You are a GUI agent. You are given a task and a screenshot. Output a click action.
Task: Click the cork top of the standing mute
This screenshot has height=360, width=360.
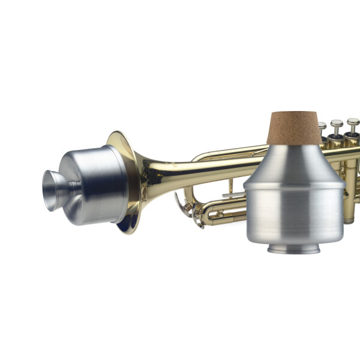click(x=294, y=128)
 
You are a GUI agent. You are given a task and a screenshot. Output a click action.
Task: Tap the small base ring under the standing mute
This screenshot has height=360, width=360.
click(x=293, y=248)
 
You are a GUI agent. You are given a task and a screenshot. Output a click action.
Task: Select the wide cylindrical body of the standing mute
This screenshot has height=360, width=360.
click(x=293, y=216)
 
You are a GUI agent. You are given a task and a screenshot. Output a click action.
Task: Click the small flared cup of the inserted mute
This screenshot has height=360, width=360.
click(x=53, y=190)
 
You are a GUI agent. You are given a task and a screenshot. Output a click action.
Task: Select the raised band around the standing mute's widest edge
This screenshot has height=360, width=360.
click(x=293, y=185)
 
